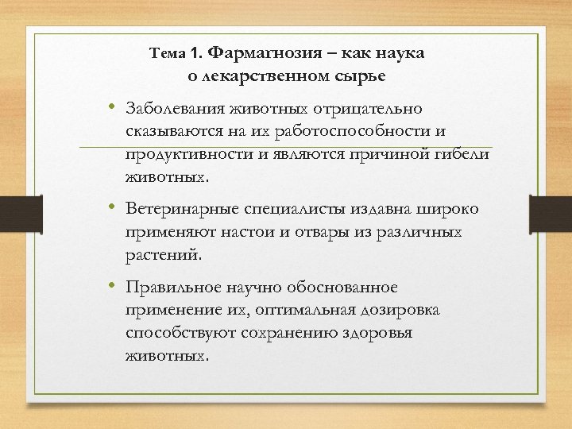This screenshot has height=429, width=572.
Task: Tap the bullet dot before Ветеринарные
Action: (x=114, y=207)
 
